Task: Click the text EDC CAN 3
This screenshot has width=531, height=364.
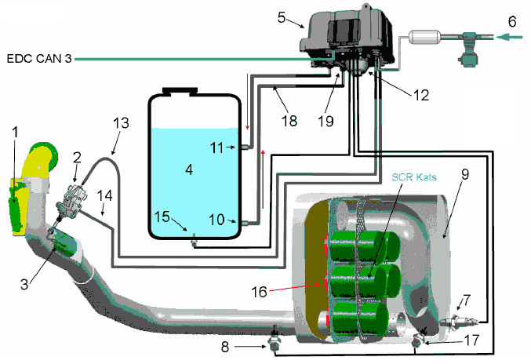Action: [x=39, y=58]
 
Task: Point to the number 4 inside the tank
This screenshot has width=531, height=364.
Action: [x=188, y=168]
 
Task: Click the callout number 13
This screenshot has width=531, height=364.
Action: [x=120, y=123]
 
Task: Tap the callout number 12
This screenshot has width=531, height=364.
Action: [x=421, y=94]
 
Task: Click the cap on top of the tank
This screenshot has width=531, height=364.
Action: [x=177, y=91]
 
